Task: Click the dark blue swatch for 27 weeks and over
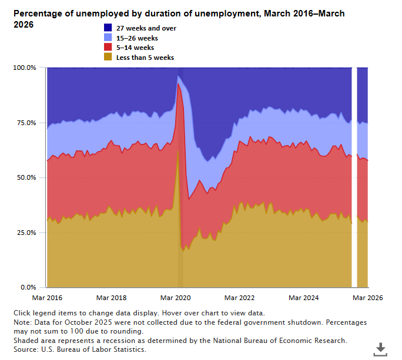tap(109, 28)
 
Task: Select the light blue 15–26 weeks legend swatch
tap(109, 38)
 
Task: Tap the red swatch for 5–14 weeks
tap(109, 48)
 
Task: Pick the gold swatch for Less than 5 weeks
tap(109, 58)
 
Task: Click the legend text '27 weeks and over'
tap(146, 28)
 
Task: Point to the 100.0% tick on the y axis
tap(24, 68)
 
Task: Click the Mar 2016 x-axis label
tap(46, 298)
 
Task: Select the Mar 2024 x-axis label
tap(304, 298)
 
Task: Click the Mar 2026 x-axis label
tap(368, 298)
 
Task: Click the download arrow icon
tap(381, 349)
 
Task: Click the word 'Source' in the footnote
tap(25, 349)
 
